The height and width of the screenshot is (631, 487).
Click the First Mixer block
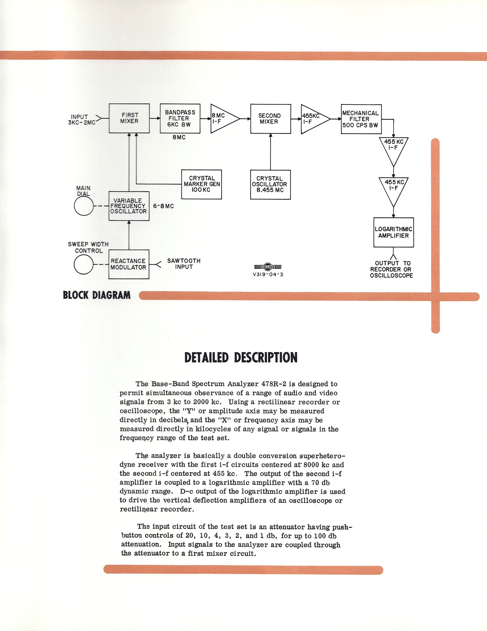[129, 118]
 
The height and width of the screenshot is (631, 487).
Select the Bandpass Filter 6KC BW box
[180, 119]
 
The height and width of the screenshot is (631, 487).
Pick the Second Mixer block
[270, 119]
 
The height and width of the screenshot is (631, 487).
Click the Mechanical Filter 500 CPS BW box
[361, 119]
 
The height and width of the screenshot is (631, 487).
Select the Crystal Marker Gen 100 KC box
[201, 184]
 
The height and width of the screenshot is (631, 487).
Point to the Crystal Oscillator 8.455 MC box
[270, 184]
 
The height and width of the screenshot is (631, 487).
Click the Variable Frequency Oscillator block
[129, 206]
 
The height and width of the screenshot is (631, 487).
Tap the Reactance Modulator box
[129, 264]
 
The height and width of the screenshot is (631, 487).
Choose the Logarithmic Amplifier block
[394, 232]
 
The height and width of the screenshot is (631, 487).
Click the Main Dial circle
[84, 206]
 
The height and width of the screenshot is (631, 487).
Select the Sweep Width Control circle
[84, 264]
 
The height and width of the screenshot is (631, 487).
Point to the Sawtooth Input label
[184, 264]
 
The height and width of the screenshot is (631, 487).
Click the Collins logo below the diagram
[268, 267]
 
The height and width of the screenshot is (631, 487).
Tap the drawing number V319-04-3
[268, 274]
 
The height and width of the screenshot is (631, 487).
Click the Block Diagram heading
[96, 295]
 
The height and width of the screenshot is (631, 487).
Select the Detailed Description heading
[241, 358]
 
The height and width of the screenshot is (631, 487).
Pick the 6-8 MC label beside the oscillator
[163, 206]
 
